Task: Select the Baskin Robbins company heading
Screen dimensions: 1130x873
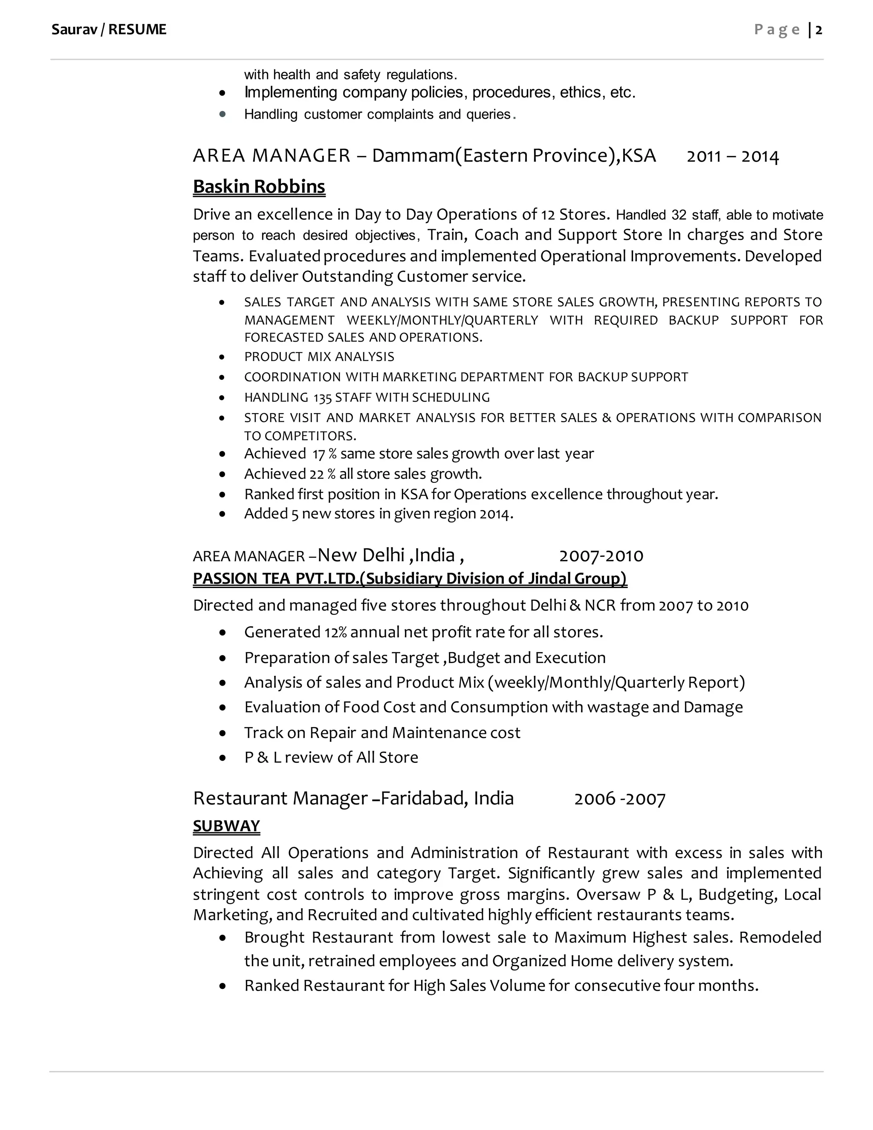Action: pos(259,186)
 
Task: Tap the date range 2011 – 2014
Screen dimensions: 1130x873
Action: pos(732,156)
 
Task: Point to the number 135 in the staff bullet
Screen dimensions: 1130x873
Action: pos(322,397)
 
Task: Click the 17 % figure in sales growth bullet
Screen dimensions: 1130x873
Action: pos(324,454)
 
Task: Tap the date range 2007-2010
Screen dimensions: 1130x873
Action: pos(601,556)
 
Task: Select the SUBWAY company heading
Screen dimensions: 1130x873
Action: pos(226,825)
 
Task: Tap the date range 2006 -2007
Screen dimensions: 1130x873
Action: pos(619,799)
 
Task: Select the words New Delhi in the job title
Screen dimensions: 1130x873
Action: pos(361,555)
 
